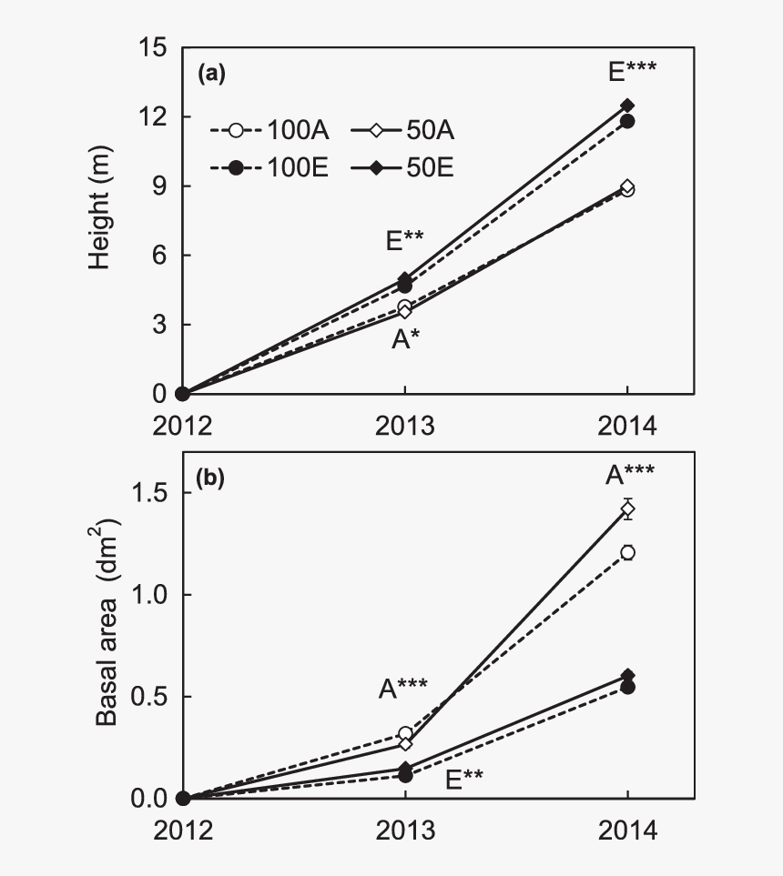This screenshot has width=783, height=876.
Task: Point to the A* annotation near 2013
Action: (x=405, y=341)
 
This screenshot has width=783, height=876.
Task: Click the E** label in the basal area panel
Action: (x=463, y=779)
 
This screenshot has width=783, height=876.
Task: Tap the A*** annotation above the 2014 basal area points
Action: (x=631, y=475)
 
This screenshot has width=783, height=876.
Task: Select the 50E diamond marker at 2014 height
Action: (x=627, y=106)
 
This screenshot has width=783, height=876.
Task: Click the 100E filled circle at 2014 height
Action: (x=627, y=121)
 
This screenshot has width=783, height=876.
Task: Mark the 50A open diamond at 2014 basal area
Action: (x=627, y=508)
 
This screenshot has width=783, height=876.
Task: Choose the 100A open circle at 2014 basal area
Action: (x=627, y=552)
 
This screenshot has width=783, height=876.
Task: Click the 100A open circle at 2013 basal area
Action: (x=405, y=733)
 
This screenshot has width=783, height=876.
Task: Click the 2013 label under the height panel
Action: (x=405, y=424)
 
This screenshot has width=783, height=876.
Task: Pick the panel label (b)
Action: (x=211, y=476)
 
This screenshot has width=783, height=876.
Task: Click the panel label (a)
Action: (x=211, y=76)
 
